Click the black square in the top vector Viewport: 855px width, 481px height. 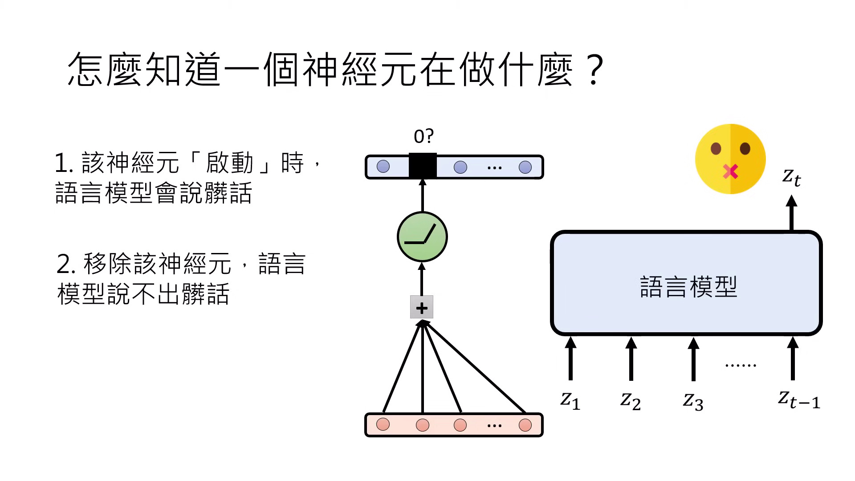423,166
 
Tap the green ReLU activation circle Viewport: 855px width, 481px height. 422,236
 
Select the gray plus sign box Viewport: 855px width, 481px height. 421,307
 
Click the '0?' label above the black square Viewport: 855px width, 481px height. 423,136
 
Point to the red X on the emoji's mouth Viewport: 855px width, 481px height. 730,171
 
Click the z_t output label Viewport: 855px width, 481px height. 791,177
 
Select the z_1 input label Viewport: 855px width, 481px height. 570,399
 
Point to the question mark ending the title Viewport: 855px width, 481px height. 595,70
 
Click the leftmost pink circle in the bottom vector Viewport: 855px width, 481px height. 383,424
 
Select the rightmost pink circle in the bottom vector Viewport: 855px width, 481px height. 525,425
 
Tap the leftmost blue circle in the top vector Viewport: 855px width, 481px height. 383,167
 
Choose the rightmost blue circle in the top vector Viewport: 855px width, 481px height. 525,167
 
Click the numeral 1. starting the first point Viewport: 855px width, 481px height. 64,163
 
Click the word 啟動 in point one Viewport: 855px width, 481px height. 229,163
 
